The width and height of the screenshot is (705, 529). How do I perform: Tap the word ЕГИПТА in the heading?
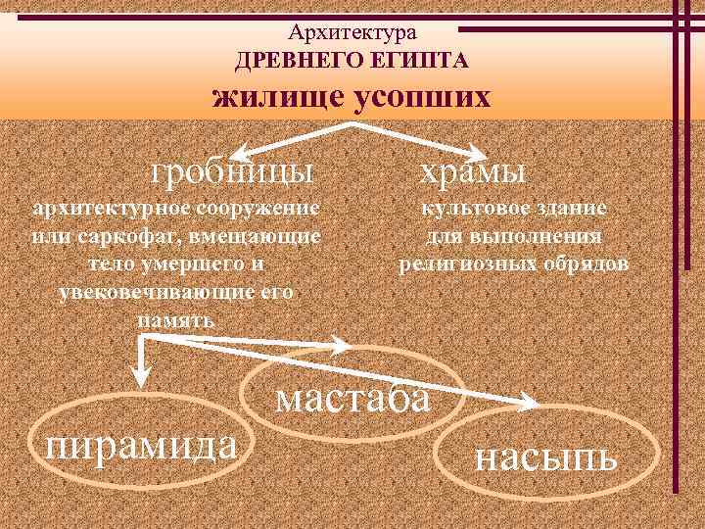pos(422,62)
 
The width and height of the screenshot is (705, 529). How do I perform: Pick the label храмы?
pos(473,171)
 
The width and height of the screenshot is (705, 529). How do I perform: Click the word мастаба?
pos(352,399)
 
